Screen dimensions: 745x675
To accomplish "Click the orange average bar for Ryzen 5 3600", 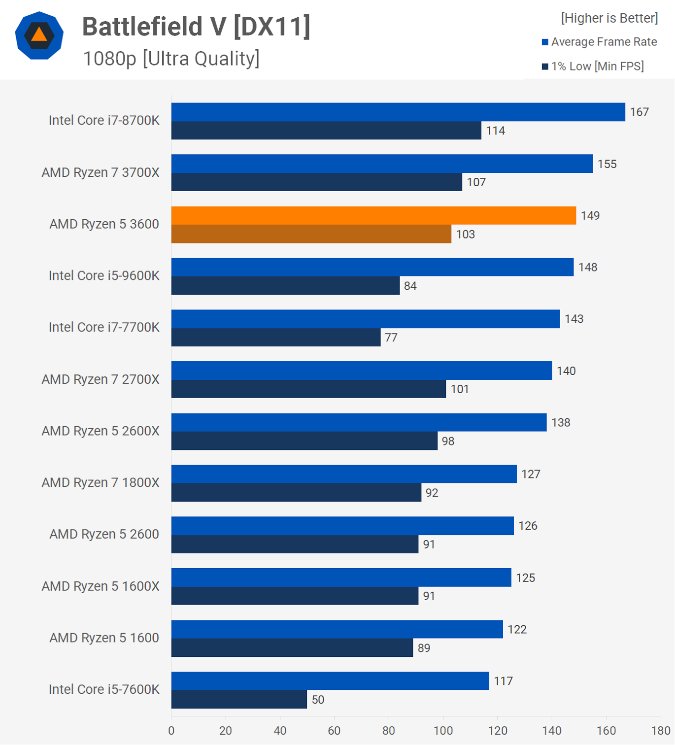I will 373,215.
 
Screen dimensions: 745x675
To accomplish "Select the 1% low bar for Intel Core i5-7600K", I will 239,699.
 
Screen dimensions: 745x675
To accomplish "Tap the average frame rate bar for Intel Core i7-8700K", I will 398,112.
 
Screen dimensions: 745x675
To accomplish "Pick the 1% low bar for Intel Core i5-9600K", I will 285,286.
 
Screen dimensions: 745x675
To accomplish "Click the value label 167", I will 639,112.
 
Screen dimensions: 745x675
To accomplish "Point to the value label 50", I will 318,700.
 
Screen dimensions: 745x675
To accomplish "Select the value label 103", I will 465,234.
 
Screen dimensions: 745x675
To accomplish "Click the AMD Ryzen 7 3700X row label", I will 101,172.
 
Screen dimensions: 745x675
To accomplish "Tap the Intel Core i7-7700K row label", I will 104,327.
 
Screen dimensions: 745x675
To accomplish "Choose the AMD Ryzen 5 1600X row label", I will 101,586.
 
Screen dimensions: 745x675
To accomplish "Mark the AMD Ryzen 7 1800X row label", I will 101,482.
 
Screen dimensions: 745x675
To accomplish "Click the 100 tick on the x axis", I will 443,731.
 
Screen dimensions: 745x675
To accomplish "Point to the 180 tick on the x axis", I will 661,731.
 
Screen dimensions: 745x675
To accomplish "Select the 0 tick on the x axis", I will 171,731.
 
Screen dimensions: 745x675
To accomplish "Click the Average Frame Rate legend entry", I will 599,42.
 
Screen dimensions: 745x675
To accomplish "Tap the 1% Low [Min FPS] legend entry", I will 593,66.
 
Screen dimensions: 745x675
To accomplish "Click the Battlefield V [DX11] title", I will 196,26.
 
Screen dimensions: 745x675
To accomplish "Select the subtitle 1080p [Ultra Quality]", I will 171,59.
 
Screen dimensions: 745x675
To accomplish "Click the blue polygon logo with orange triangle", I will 39,35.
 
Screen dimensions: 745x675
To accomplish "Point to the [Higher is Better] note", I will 609,18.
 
